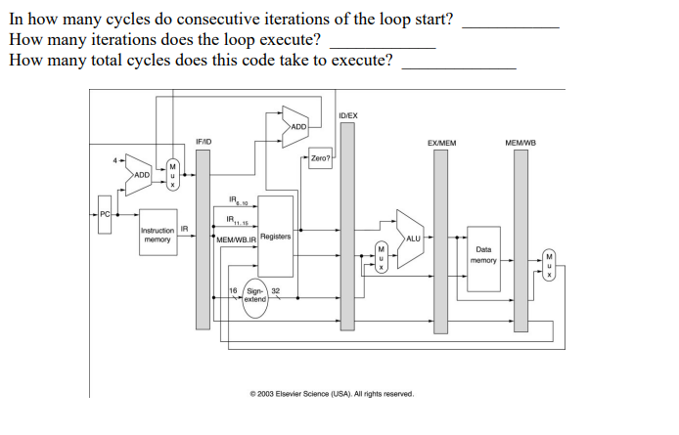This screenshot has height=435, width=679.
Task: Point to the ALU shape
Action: [410, 238]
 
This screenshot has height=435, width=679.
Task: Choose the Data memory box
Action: [483, 255]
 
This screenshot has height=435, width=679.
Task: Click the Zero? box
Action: [320, 158]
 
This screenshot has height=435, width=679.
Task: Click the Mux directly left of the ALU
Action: [382, 256]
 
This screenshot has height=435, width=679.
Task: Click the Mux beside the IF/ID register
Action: [172, 175]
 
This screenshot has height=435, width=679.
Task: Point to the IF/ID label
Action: [204, 143]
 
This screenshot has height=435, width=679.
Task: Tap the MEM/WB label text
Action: [520, 143]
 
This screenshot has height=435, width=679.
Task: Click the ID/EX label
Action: [347, 115]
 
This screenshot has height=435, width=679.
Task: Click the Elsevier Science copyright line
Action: [332, 393]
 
